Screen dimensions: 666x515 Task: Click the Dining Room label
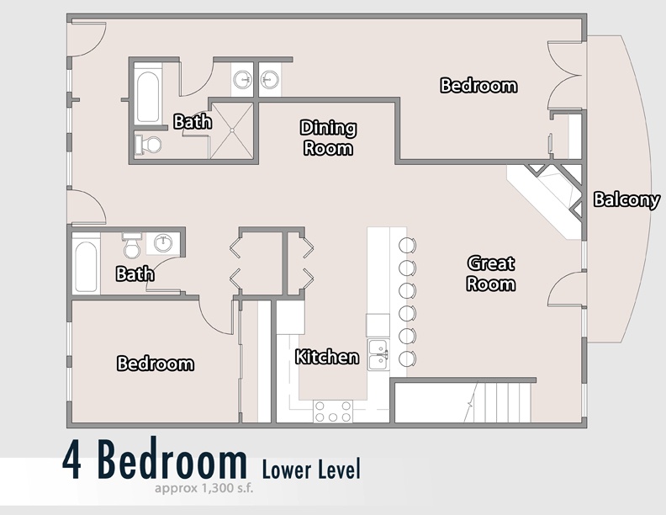pyautogui.click(x=328, y=138)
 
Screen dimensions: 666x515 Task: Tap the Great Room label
pyautogui.click(x=491, y=273)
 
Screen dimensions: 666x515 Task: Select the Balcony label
pyautogui.click(x=626, y=199)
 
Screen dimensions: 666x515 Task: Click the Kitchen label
pyautogui.click(x=326, y=357)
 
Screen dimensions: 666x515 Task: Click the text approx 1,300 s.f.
pyautogui.click(x=203, y=488)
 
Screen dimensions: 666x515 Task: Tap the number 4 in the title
pyautogui.click(x=72, y=460)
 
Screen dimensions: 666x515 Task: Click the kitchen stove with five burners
pyautogui.click(x=333, y=411)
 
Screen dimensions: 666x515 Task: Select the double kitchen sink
pyautogui.click(x=378, y=354)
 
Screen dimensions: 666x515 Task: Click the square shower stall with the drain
pyautogui.click(x=232, y=130)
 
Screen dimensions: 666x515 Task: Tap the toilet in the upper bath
pyautogui.click(x=148, y=145)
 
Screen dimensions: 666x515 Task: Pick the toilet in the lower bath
pyautogui.click(x=131, y=246)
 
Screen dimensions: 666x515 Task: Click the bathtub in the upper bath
pyautogui.click(x=148, y=98)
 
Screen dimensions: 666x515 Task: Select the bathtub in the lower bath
pyautogui.click(x=86, y=267)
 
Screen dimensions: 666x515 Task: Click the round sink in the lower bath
pyautogui.click(x=163, y=243)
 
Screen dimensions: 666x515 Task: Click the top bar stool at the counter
pyautogui.click(x=407, y=245)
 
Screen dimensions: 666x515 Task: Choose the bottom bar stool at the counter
pyautogui.click(x=407, y=359)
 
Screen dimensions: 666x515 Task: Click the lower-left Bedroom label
pyautogui.click(x=156, y=364)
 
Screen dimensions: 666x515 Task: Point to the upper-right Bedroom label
pyautogui.click(x=478, y=85)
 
